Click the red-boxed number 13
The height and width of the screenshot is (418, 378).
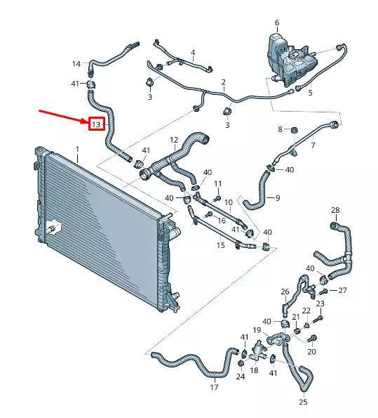coord(96,124)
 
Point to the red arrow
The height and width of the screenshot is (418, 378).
coord(63,115)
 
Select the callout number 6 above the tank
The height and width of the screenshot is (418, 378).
coord(277,22)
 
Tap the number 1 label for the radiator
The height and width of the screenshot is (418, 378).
coord(77,149)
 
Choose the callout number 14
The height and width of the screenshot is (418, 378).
coord(76,64)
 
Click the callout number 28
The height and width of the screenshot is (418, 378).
coord(335,210)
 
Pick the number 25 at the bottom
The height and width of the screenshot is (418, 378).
coord(303,403)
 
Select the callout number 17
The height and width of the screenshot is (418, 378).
coord(214,386)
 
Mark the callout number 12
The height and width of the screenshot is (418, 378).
coord(174,140)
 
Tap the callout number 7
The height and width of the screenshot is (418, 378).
coord(313,145)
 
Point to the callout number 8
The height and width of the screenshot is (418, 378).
coord(280,129)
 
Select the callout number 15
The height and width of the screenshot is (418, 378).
coord(221,245)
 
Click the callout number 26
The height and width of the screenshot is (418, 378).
coord(285,292)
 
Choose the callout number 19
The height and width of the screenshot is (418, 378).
coord(257,330)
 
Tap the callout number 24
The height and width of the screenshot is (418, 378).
coord(241,377)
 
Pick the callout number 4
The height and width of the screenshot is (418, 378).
coord(193,52)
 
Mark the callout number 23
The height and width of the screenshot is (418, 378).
coord(320,303)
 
